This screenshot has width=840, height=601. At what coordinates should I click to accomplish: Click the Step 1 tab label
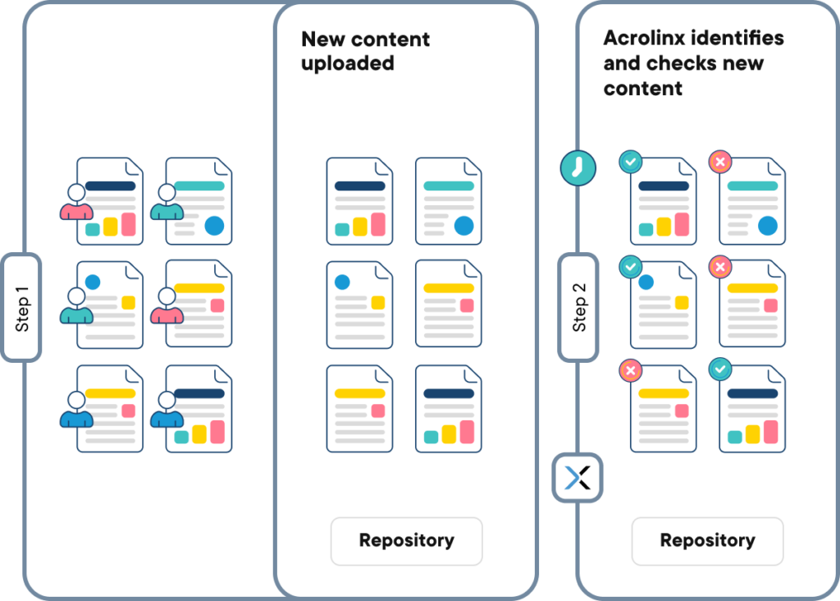pos(22,308)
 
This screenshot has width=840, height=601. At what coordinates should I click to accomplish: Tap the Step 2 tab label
pos(579,308)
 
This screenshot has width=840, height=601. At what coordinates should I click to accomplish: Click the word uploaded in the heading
pos(347,63)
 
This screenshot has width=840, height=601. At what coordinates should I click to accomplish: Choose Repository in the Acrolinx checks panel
pos(707,541)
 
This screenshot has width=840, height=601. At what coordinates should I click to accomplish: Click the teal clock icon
pos(577,167)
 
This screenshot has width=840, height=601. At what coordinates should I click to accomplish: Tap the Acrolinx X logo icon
pos(577,477)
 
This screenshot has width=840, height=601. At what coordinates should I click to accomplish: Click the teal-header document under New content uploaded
pos(448,201)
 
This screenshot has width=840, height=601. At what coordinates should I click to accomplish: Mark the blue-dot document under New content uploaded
pos(359,305)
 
